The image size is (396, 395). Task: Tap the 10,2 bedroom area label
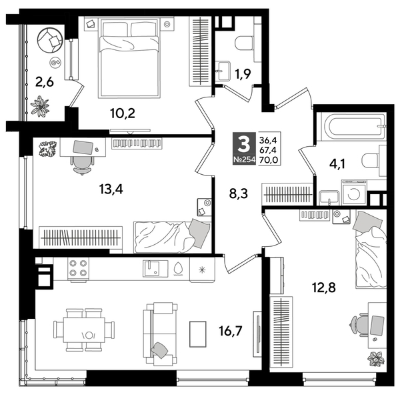click(123, 112)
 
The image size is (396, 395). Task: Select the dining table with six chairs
click(85, 328)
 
